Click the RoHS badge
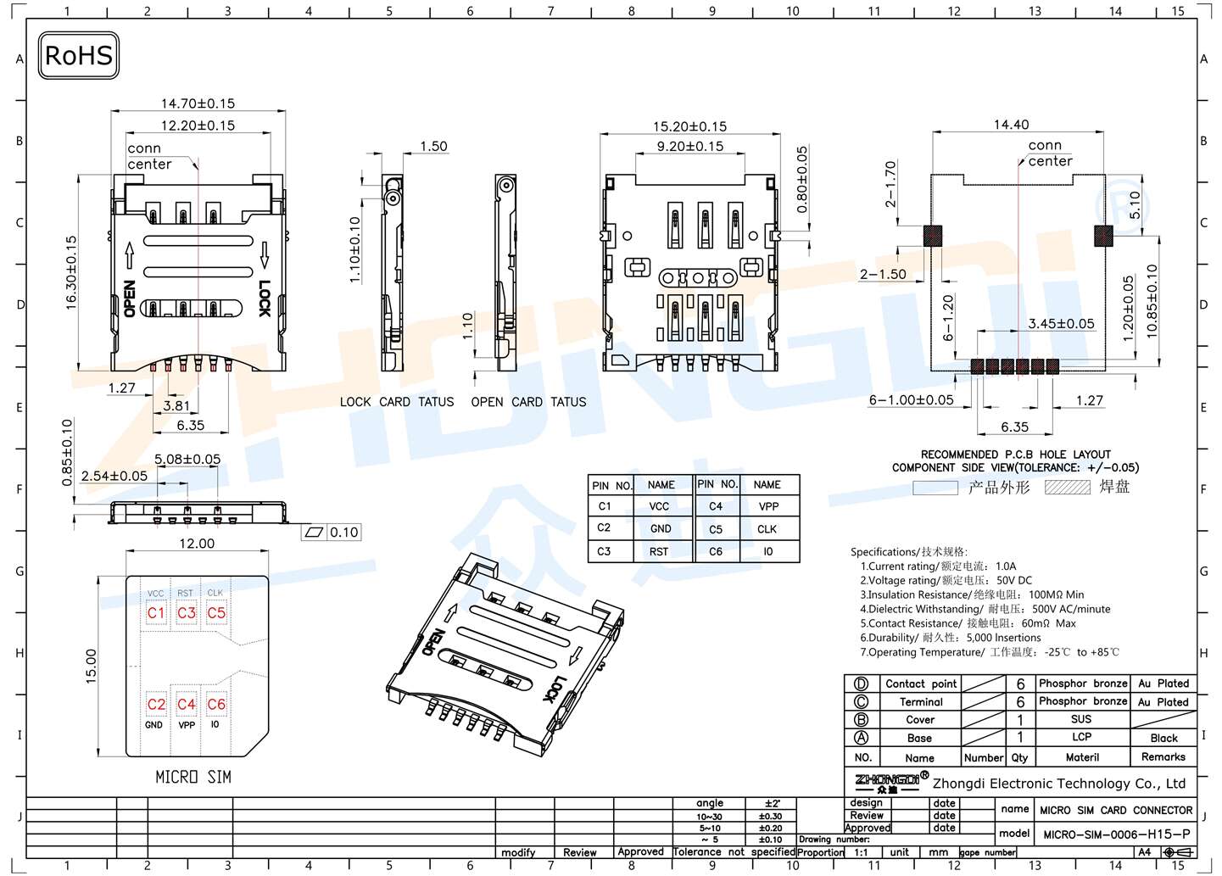[78, 56]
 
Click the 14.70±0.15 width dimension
[198, 103]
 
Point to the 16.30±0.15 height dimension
[71, 272]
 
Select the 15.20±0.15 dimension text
[689, 126]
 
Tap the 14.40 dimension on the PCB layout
[1011, 125]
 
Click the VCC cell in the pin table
[659, 506]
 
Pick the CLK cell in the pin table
[767, 529]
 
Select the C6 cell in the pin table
[716, 551]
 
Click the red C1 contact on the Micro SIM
[156, 612]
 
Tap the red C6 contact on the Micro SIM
[216, 704]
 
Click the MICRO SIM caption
[193, 777]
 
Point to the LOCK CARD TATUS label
[397, 402]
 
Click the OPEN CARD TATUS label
[528, 402]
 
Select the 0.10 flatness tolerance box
[343, 533]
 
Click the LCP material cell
[1081, 737]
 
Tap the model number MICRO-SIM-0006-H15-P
[1116, 834]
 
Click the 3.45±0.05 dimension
[1061, 323]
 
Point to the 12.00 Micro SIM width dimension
[197, 544]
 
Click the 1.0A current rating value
[1006, 566]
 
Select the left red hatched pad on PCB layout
[932, 235]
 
